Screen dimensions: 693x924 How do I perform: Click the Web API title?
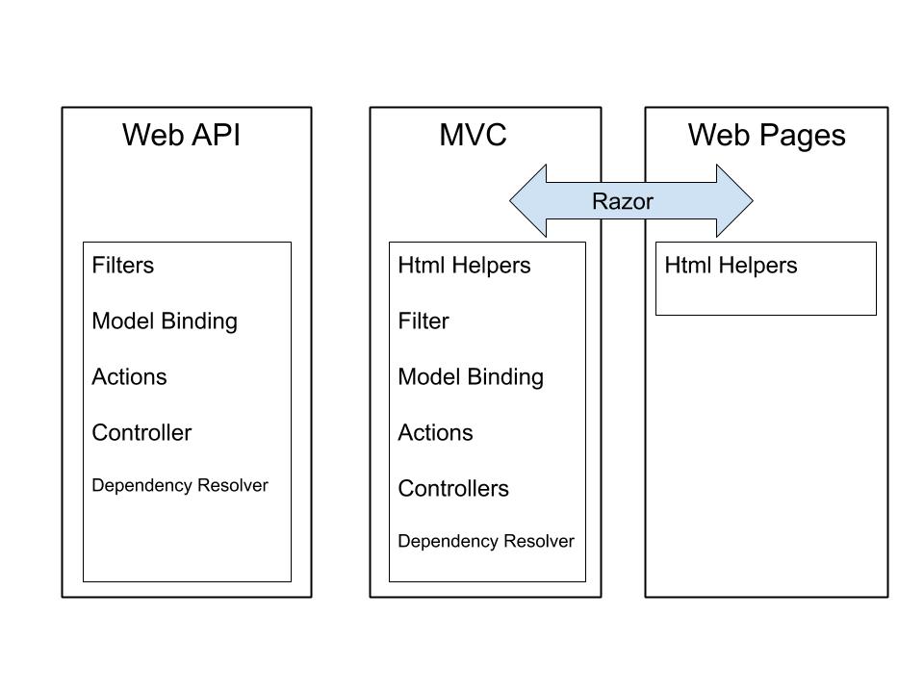[181, 136]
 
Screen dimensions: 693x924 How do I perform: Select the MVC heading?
[473, 136]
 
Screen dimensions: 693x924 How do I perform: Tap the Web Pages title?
[766, 136]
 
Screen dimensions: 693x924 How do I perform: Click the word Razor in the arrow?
[622, 201]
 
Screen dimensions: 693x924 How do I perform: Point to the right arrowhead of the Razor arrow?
[735, 201]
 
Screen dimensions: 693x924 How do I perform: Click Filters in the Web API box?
[122, 266]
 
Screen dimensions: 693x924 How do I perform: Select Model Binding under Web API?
[165, 321]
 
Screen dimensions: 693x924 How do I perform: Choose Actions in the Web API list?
[129, 377]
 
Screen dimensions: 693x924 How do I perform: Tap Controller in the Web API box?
[141, 433]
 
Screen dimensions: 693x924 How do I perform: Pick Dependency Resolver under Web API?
[180, 486]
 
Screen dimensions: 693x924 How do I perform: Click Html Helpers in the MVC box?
[464, 266]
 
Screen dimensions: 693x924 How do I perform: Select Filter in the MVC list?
[423, 321]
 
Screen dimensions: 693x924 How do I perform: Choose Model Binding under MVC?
[471, 377]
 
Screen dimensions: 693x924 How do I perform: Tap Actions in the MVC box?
[435, 433]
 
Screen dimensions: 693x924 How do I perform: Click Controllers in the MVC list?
[453, 489]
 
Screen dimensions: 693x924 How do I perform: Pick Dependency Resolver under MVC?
[486, 542]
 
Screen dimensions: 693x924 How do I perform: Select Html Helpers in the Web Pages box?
[731, 266]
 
